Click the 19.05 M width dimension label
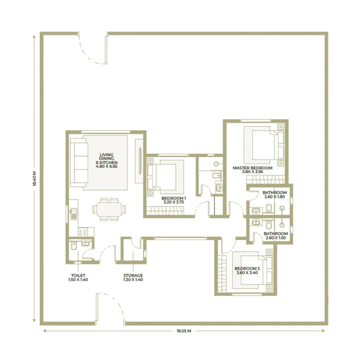pyautogui.click(x=184, y=331)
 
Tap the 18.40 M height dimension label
pyautogui.click(x=34, y=179)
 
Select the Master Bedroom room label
pyautogui.click(x=253, y=170)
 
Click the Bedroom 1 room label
pyautogui.click(x=173, y=200)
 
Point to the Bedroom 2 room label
pyautogui.click(x=247, y=270)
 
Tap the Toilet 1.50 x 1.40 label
pyautogui.click(x=78, y=277)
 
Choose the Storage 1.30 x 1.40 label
pyautogui.click(x=133, y=277)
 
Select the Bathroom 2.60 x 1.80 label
pyautogui.click(x=275, y=195)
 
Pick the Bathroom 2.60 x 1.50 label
pyautogui.click(x=276, y=236)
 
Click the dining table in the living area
pyautogui.click(x=109, y=210)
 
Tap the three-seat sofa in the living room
pyautogui.click(x=79, y=163)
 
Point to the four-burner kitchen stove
pyautogui.click(x=82, y=232)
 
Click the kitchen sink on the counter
pyautogui.click(x=74, y=213)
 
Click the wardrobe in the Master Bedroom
pyautogui.click(x=265, y=180)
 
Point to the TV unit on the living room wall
pyautogui.click(x=139, y=161)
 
